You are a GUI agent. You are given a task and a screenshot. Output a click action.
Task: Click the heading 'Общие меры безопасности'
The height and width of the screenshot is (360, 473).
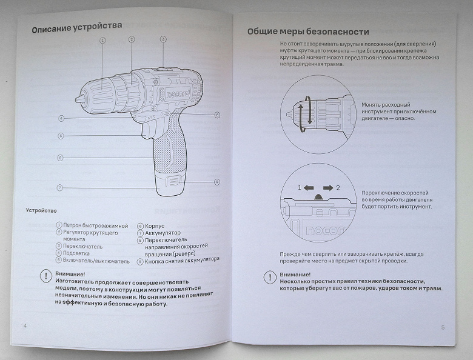click(309, 32)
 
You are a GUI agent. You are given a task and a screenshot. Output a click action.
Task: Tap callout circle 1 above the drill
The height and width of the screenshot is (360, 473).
click(102, 40)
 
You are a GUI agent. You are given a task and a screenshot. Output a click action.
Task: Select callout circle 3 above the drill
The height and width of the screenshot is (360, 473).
click(163, 39)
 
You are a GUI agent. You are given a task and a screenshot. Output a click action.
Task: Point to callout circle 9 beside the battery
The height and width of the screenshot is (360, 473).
click(216, 181)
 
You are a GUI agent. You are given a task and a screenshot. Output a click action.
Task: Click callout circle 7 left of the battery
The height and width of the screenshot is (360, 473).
click(60, 188)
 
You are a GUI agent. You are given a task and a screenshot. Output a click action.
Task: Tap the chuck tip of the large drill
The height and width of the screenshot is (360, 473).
click(79, 98)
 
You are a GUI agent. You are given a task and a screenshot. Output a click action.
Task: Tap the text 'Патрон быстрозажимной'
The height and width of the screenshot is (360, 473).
click(91, 225)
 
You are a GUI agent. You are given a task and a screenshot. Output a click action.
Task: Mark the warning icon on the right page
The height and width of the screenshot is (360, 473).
click(270, 278)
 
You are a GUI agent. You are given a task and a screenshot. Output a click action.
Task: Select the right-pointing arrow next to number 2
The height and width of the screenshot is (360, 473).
click(327, 188)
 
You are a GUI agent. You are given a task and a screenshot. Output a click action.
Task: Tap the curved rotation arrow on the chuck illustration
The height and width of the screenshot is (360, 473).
click(308, 111)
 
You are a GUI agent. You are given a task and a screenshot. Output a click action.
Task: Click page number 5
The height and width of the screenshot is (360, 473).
click(442, 327)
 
